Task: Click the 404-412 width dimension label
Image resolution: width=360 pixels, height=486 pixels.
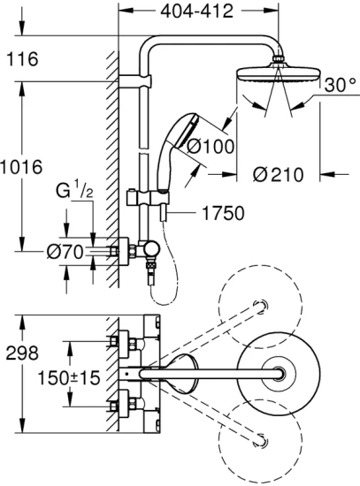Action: point(201,11)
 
